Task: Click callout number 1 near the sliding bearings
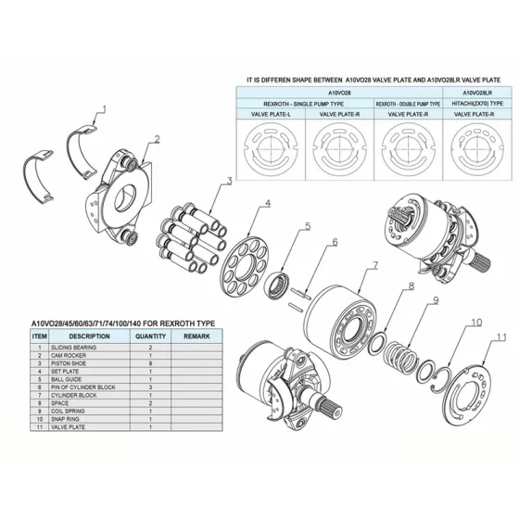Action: (104, 109)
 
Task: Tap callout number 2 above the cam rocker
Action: (157, 140)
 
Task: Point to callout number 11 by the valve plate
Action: (501, 336)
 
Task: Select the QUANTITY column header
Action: (150, 336)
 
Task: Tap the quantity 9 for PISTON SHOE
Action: (150, 364)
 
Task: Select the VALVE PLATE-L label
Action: (270, 114)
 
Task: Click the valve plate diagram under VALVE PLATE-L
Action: (270, 146)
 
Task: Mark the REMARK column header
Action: (196, 336)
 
